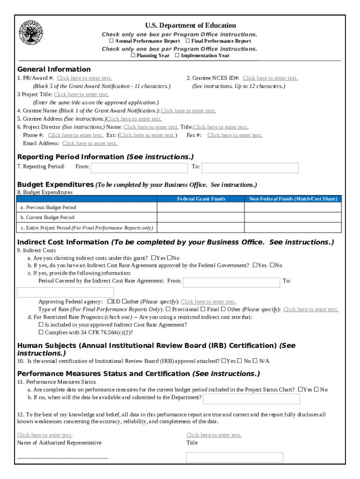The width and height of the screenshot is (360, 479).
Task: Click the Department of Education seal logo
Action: [x=31, y=33]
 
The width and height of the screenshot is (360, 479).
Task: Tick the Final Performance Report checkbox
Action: [x=187, y=41]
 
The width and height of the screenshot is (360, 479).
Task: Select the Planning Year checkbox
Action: [x=133, y=56]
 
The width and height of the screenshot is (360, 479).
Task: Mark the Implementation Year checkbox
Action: [x=177, y=56]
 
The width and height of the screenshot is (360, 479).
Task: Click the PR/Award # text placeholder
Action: [x=84, y=78]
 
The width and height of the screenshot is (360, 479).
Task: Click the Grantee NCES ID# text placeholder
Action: [x=270, y=78]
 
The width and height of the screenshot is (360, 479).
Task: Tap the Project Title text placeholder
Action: [x=81, y=94]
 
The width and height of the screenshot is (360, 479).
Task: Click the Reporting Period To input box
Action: [x=250, y=168]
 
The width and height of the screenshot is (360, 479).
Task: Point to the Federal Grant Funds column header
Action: [x=201, y=199]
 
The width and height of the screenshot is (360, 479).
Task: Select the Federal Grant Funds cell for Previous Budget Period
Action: [x=201, y=207]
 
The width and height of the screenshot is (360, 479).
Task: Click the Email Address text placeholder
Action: [x=90, y=144]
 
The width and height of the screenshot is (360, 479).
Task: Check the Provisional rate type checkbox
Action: [x=169, y=309]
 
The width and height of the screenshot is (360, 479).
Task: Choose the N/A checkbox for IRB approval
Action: [x=255, y=361]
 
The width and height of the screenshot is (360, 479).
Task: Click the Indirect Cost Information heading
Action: [x=63, y=242]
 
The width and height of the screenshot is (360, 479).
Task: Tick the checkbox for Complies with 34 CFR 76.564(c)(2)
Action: [x=41, y=333]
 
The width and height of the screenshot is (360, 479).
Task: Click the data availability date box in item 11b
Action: [x=252, y=399]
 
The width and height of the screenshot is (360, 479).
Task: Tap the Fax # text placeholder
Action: [x=235, y=135]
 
